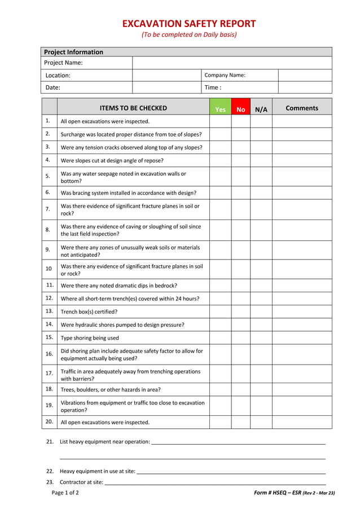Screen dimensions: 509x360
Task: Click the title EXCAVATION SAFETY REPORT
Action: tap(189, 24)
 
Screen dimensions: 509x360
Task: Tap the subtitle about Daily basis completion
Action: tap(189, 35)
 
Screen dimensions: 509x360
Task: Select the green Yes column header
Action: tap(220, 109)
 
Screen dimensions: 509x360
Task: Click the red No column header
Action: tap(241, 109)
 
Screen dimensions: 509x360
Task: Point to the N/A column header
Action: tap(261, 109)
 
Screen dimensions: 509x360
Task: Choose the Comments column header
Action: tap(302, 108)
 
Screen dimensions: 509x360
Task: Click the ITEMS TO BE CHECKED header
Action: tap(133, 108)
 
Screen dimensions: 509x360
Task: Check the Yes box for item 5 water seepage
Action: tap(220, 177)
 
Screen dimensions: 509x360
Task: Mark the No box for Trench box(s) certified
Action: tap(241, 311)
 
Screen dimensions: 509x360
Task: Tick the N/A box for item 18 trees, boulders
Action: tap(261, 389)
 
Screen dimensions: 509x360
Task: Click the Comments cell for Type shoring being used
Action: tap(302, 338)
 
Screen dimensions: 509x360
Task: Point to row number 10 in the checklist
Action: tap(49, 269)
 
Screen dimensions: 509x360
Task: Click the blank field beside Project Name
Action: tap(232, 63)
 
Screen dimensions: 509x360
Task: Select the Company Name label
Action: tap(225, 75)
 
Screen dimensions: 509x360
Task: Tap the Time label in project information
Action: tap(213, 87)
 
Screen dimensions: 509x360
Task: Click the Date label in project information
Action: tap(52, 87)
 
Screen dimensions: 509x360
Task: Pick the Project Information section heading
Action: tap(73, 52)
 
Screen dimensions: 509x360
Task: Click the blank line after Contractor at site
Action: tap(215, 482)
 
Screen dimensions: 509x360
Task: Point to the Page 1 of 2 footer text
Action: tap(65, 493)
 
